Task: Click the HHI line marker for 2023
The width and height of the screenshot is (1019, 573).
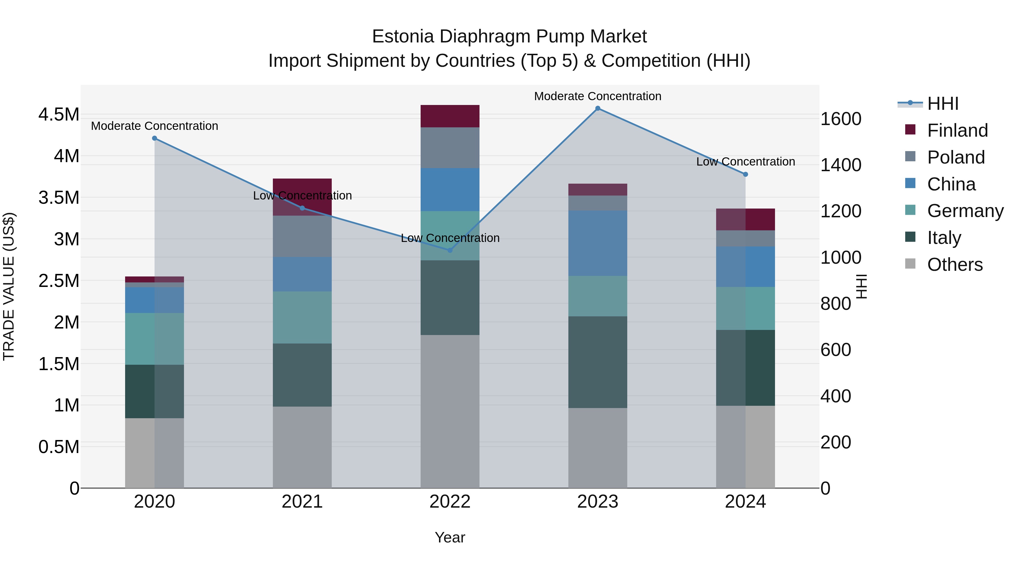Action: (598, 108)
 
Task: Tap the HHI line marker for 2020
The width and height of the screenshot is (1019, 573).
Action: (155, 138)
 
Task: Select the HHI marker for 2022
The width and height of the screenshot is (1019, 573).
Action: (450, 250)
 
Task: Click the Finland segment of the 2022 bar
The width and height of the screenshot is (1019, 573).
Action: (450, 116)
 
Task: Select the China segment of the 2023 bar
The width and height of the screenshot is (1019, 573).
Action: (598, 243)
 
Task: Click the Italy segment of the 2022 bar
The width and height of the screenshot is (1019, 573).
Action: (450, 297)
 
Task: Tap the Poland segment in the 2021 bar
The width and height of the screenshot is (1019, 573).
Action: (302, 237)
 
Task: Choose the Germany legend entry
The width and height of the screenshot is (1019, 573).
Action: (965, 211)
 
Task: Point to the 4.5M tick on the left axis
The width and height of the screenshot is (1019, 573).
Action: (59, 115)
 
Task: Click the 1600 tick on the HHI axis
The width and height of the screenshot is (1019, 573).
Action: (841, 119)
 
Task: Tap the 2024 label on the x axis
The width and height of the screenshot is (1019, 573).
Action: (745, 502)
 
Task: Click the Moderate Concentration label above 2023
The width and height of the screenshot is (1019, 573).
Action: (598, 96)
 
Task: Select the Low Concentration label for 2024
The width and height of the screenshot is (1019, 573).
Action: (745, 162)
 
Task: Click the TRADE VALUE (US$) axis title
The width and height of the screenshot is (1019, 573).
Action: (9, 286)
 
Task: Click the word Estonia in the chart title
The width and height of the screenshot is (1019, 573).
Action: (403, 37)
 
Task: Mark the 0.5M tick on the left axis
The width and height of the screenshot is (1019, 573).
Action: (59, 447)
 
